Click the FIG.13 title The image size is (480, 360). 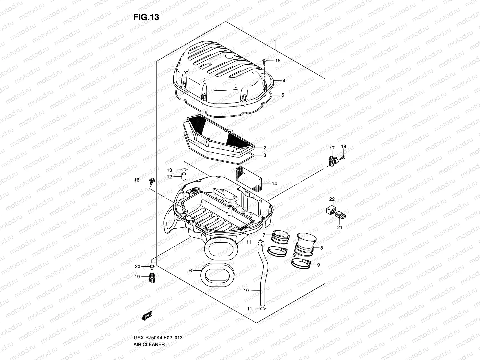tap(146, 17)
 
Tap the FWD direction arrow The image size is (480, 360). tap(147, 316)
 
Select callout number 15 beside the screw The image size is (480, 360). tap(278, 61)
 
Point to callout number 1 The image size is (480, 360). tap(275, 41)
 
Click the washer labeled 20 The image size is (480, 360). tap(152, 267)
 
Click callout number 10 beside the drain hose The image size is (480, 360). tap(246, 290)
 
